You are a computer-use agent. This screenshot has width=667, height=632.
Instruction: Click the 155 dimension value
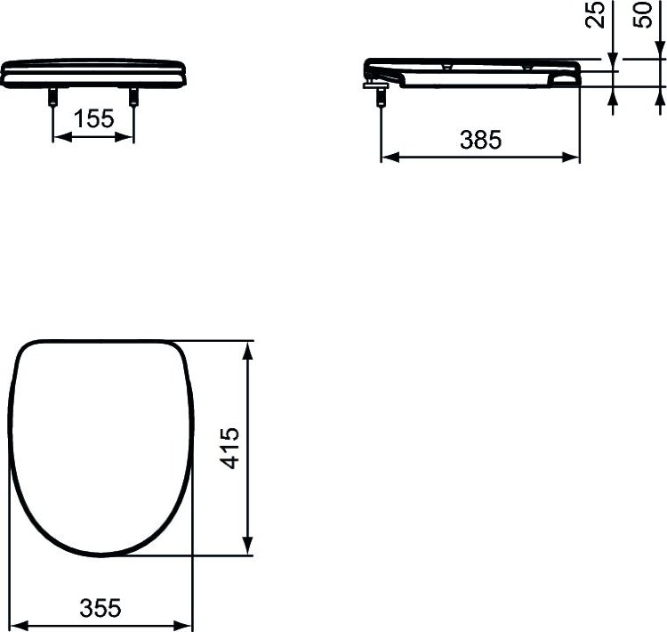94,120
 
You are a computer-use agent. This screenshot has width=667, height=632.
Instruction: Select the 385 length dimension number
480,139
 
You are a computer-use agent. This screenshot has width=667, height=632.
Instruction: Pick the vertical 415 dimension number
229,448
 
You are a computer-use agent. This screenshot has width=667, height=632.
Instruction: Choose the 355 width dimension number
100,607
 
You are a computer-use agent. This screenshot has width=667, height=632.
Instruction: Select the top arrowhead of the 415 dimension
250,346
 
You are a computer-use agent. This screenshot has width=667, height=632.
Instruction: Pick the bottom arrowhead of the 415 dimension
250,549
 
